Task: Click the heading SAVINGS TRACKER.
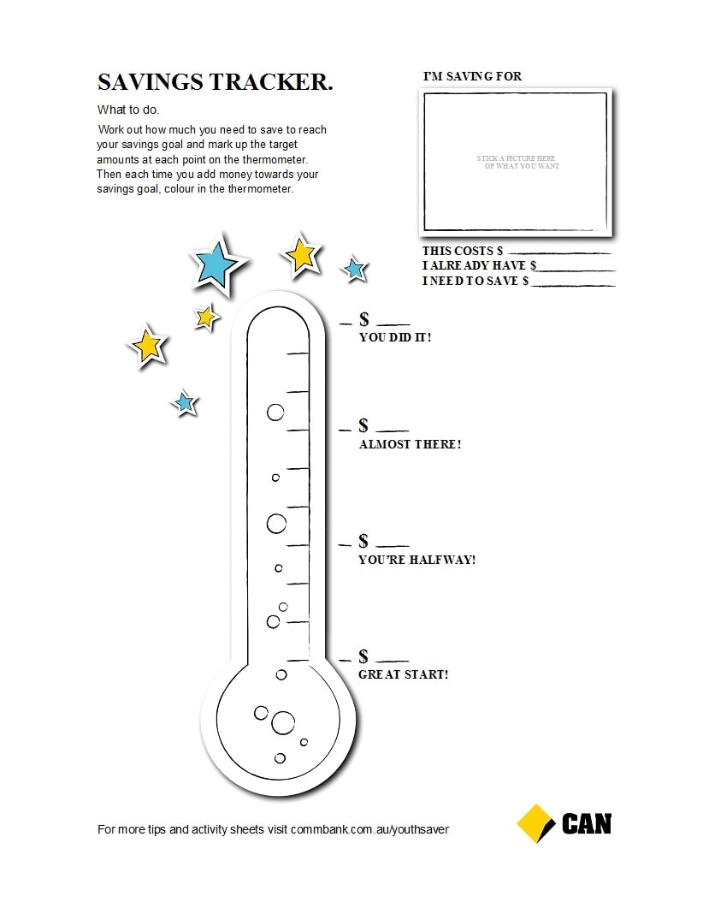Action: point(215,82)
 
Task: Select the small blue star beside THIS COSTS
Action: point(354,270)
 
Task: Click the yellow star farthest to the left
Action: point(148,345)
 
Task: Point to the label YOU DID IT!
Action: point(395,337)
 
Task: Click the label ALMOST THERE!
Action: point(410,445)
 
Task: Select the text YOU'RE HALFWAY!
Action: point(417,561)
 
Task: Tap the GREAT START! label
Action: point(403,674)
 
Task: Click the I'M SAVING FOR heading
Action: point(472,77)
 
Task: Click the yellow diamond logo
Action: point(535,823)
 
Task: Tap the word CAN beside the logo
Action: point(587,824)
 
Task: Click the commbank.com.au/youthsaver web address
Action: point(369,829)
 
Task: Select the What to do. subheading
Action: point(128,110)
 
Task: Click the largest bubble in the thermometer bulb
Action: point(282,723)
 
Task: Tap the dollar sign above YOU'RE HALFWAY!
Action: point(363,542)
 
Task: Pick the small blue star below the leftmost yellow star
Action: point(184,402)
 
